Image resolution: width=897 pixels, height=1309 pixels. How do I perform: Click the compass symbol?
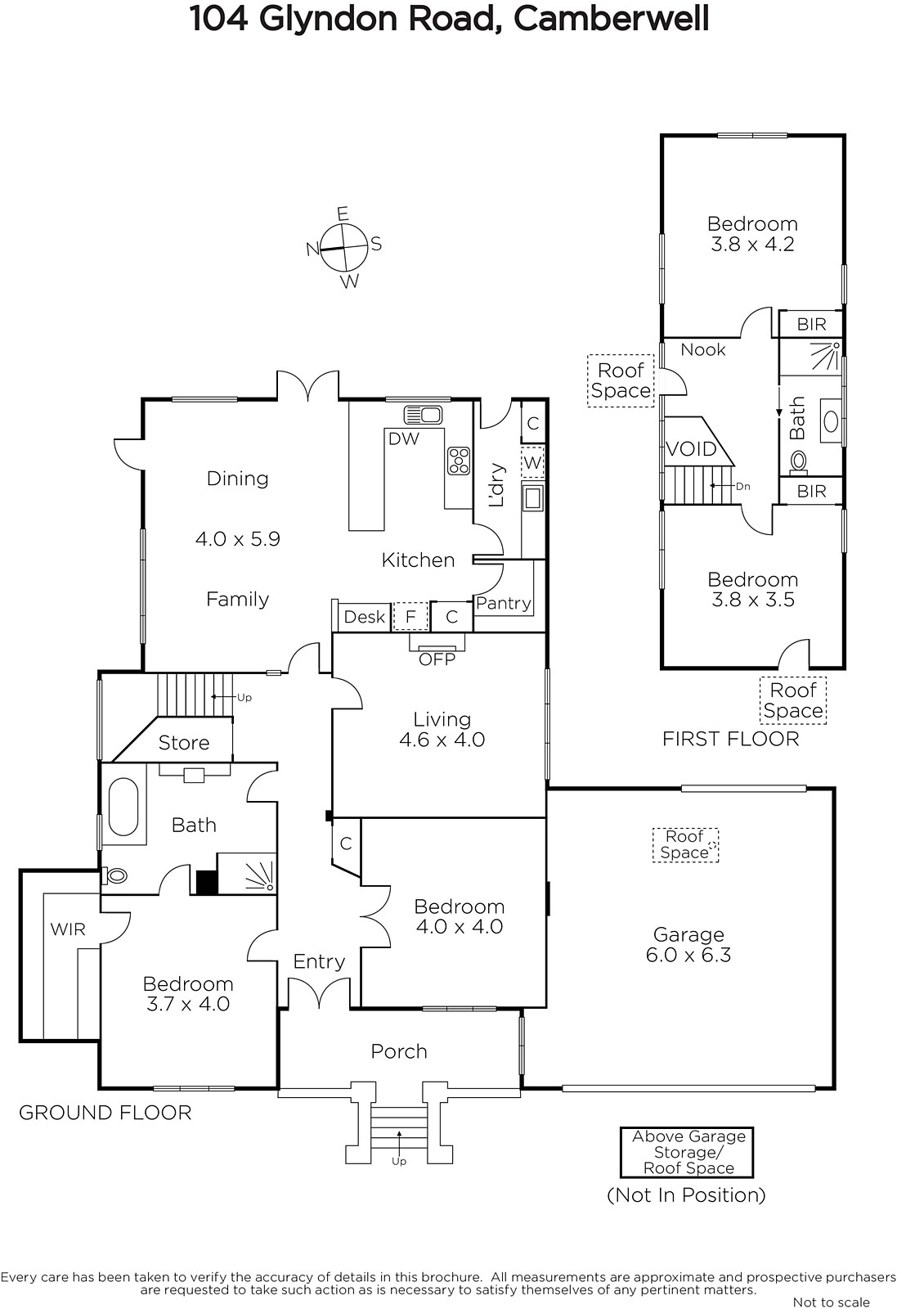click(x=344, y=247)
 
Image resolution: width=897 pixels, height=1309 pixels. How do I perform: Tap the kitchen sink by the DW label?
click(x=423, y=415)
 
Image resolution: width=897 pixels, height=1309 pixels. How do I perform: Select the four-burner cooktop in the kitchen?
click(x=459, y=461)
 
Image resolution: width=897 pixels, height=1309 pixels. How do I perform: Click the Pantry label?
click(x=504, y=603)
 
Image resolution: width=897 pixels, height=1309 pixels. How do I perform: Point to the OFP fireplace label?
click(x=437, y=659)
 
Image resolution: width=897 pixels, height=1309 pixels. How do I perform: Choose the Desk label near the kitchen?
click(x=365, y=617)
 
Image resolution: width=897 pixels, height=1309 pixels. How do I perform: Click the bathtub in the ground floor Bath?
click(x=123, y=807)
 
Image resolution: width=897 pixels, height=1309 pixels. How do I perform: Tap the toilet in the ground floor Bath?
click(x=114, y=875)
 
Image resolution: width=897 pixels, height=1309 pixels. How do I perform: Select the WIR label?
click(x=68, y=929)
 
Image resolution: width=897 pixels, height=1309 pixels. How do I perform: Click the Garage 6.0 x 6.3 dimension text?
click(x=688, y=955)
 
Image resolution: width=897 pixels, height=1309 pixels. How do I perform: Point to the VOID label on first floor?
click(x=691, y=449)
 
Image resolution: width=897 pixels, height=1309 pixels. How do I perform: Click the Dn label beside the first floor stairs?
click(x=742, y=486)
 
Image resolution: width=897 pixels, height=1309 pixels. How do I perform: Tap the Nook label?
click(x=703, y=349)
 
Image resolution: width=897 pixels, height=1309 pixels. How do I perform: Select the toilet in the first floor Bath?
click(x=798, y=461)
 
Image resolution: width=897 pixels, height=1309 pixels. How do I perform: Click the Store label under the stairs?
click(x=184, y=743)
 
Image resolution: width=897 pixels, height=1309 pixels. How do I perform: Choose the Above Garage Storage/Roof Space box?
click(x=687, y=1153)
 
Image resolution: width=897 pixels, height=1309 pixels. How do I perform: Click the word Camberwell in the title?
click(x=611, y=18)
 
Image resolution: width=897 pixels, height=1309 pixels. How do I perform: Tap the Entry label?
click(x=319, y=962)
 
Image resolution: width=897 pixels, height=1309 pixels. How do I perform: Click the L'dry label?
click(x=496, y=485)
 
